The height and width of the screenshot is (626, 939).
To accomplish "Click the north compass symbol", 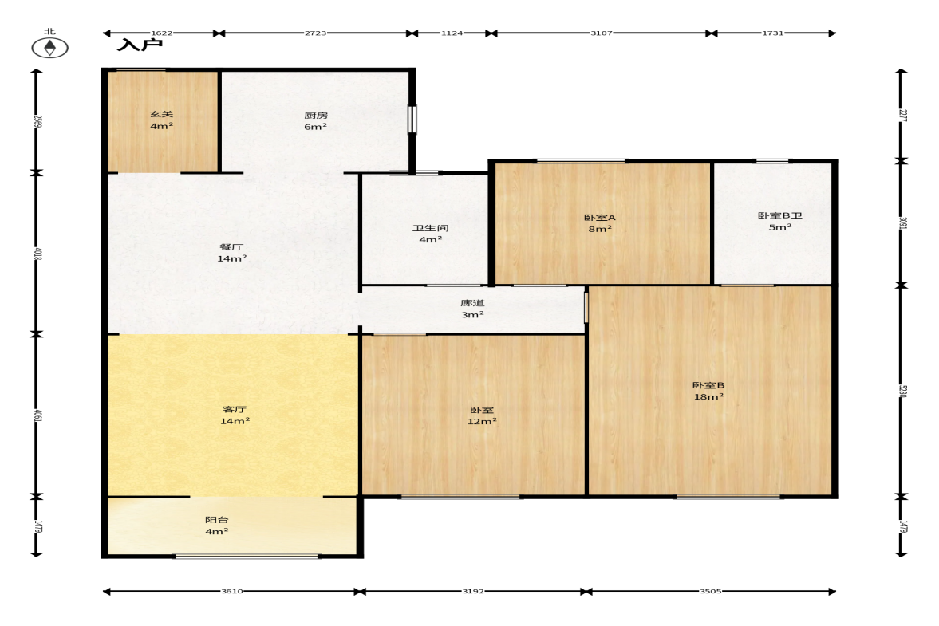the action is coord(49,47).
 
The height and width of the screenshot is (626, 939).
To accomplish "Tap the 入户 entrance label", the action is coord(140,45).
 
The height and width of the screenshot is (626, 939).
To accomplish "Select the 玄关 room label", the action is coord(161,114).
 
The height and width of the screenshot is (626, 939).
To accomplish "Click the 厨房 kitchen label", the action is coord(316,115).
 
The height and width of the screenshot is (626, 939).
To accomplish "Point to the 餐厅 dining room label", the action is coord(231,246).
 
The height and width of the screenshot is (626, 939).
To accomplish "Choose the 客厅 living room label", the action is coord(234,409).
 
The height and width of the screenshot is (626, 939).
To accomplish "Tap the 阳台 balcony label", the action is coord(217,520).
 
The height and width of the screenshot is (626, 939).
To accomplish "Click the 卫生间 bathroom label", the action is coord(431,228).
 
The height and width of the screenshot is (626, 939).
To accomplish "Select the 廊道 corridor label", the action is coord(472,303).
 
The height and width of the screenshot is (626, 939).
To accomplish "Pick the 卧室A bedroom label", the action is coord(599,218).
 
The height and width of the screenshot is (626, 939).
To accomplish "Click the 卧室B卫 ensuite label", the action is coord(779,215).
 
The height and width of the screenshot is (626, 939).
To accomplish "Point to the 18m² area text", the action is coord(708,397).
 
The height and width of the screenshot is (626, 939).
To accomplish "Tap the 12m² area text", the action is coord(482,421).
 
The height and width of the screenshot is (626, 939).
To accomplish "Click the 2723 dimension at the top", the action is coord(316,33).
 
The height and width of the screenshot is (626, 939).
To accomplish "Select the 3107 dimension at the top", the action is coord(602,33).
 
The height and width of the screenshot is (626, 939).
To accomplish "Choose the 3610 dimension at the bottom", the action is coord(231,591).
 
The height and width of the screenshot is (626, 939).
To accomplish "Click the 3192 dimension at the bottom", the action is coord(472,591).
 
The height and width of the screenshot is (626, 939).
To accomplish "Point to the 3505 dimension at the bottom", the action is coord(710,591).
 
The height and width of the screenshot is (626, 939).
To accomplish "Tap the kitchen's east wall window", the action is coord(412,119).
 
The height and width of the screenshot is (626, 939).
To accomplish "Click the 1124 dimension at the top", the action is coord(452,33).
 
